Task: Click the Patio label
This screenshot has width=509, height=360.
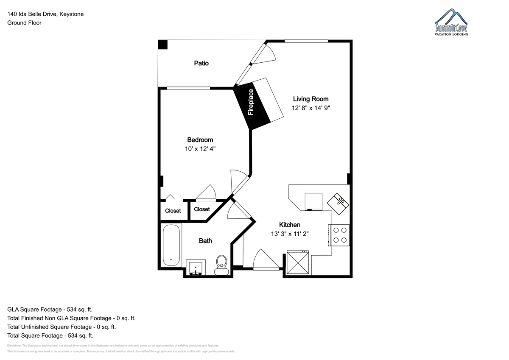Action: tap(201, 63)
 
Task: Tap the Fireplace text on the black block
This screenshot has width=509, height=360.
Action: tap(251, 102)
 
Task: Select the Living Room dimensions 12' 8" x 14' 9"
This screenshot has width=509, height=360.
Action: tap(310, 108)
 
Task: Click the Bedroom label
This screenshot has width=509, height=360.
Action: tap(200, 140)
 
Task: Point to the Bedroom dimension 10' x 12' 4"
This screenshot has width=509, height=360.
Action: tap(200, 149)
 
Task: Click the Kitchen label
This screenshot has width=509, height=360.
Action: tap(290, 225)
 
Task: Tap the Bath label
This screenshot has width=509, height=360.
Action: tap(206, 241)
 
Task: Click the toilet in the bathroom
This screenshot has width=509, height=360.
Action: tap(221, 264)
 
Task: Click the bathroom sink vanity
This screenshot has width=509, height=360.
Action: tap(196, 268)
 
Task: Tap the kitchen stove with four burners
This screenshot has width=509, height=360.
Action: tap(339, 235)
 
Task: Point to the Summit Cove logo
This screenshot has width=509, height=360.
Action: tap(452, 23)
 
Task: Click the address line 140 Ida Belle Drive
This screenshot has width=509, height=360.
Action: tap(45, 14)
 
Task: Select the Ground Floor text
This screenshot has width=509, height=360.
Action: tap(24, 23)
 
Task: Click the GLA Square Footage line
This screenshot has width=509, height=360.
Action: tap(50, 310)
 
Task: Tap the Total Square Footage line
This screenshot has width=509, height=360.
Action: tap(50, 335)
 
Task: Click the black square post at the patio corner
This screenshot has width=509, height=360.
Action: tap(163, 45)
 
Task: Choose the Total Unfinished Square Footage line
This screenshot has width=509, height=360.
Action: tap(62, 327)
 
